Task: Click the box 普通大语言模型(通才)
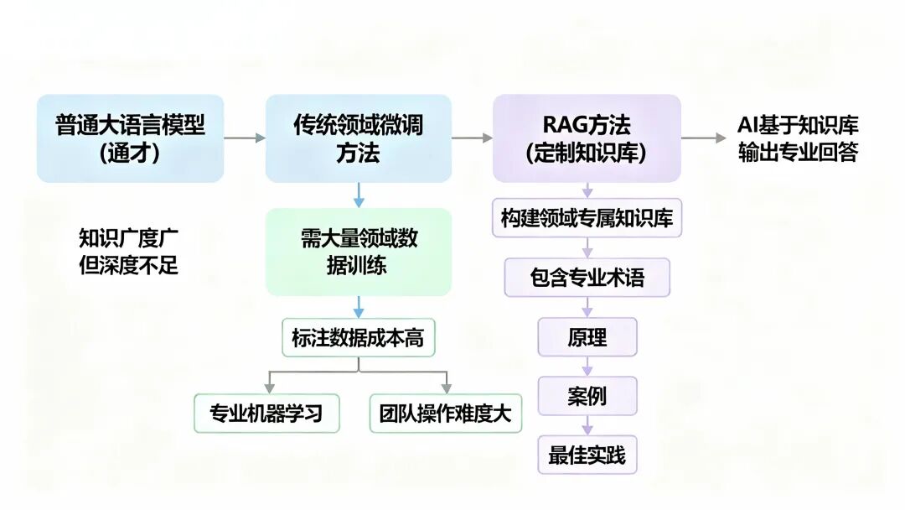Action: (130, 138)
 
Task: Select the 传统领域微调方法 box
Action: (358, 138)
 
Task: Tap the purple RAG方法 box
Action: (587, 138)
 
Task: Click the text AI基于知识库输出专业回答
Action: (798, 139)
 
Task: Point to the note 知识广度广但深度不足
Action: (128, 252)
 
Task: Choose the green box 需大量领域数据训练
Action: (358, 252)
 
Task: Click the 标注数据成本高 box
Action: (358, 338)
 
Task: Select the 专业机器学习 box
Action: (266, 414)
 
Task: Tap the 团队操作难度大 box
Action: (445, 414)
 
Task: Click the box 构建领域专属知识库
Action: (587, 218)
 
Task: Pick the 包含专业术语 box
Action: (587, 278)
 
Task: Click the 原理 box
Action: (587, 337)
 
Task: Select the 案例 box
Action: (587, 396)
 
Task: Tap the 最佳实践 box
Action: (587, 455)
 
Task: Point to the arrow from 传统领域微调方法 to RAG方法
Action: (472, 138)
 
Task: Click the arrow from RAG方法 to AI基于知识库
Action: (703, 138)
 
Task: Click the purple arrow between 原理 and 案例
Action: (587, 367)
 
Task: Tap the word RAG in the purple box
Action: (562, 126)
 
